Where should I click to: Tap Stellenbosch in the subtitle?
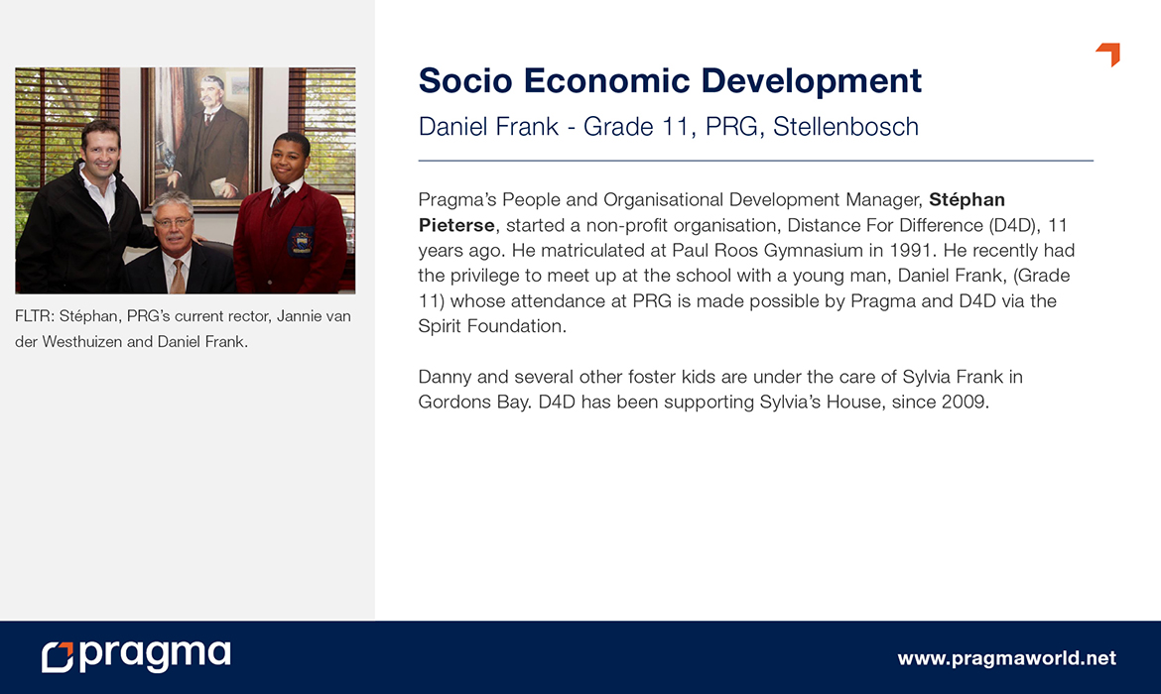click(x=845, y=127)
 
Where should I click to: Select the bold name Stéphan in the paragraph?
click(x=967, y=199)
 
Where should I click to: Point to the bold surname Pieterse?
click(x=456, y=225)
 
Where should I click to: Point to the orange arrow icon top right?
click(x=1108, y=54)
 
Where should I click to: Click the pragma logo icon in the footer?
click(x=58, y=657)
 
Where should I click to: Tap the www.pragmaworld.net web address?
click(x=1006, y=657)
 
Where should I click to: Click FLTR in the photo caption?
click(x=34, y=316)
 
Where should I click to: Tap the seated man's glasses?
click(x=174, y=222)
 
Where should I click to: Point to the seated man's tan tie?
click(x=178, y=276)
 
